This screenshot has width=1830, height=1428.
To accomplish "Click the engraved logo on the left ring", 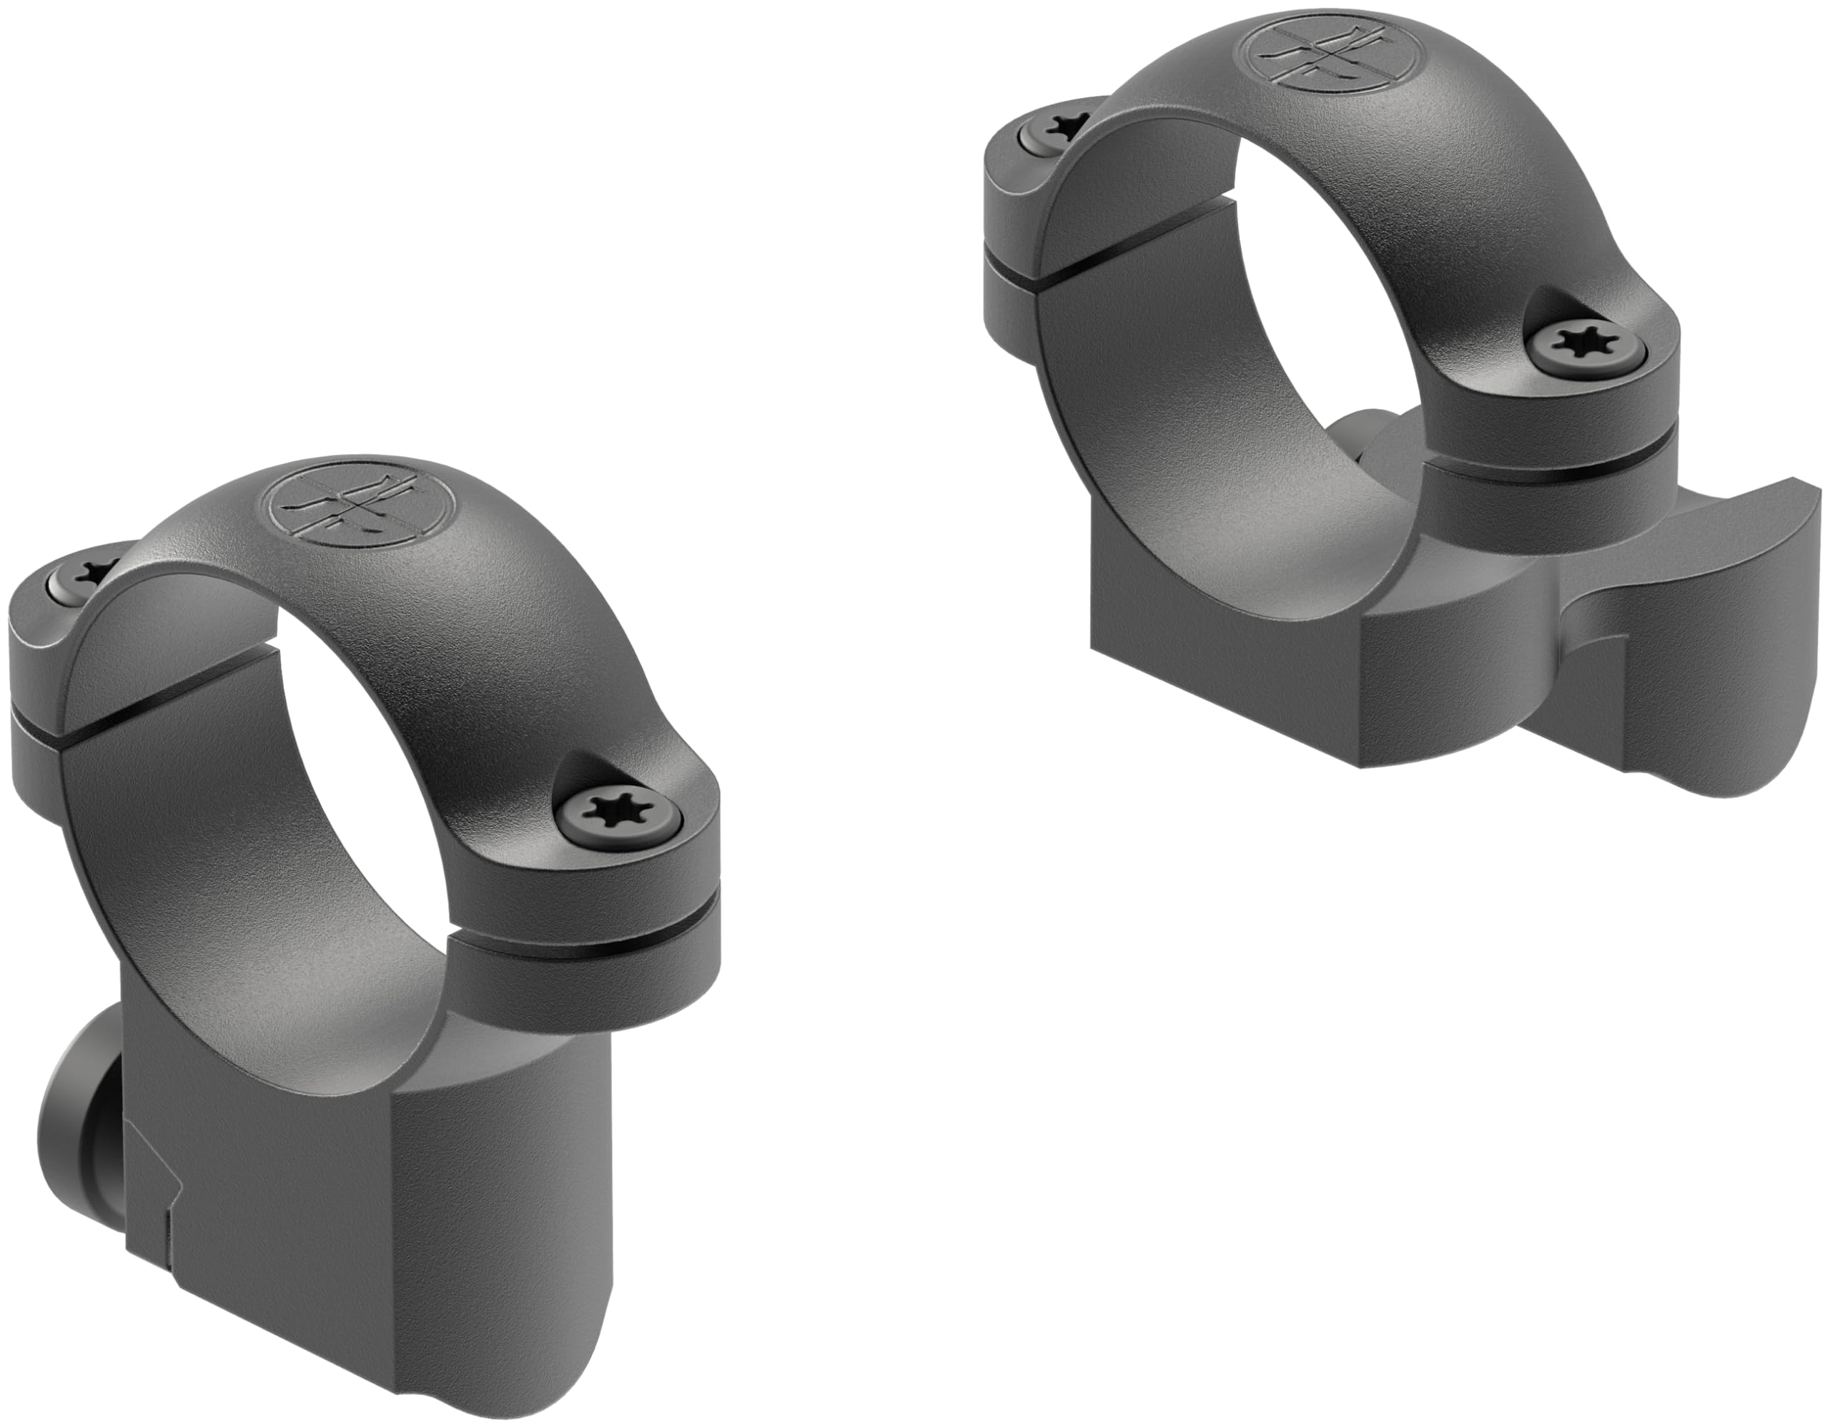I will (x=360, y=506).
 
